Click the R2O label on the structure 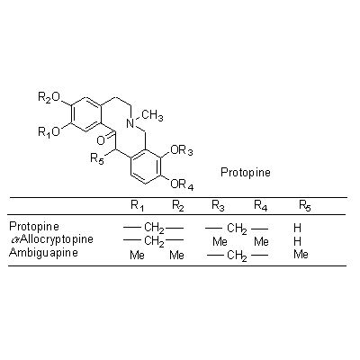49,97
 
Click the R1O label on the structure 49,131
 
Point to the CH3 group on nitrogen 152,116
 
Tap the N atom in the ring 130,123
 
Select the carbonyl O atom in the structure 101,140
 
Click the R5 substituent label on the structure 97,158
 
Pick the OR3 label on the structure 182,150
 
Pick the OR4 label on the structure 182,184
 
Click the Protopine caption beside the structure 246,173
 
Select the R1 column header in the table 137,206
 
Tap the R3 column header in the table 218,206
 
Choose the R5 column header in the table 304,206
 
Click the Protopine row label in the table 34,227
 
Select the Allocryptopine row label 51,239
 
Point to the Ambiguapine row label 43,252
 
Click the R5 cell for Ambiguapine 301,255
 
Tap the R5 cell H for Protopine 297,228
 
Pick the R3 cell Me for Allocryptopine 220,241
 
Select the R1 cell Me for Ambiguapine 137,255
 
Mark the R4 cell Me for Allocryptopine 261,241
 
